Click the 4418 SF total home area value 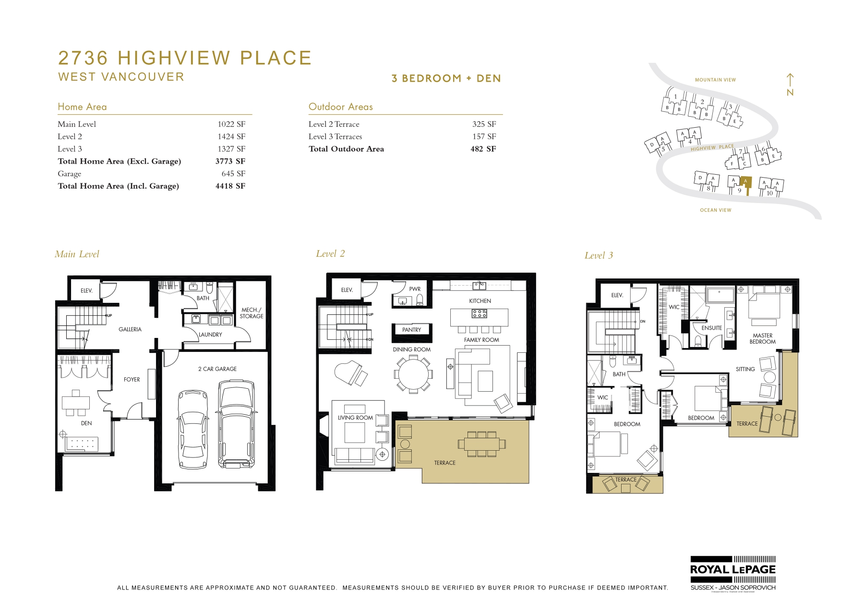click(230, 186)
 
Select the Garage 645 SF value click(233, 174)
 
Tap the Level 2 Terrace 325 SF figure click(484, 124)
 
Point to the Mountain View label click(715, 80)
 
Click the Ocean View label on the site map click(715, 210)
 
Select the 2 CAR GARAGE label click(217, 369)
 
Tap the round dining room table click(413, 374)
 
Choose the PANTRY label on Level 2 click(411, 330)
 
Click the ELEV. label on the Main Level click(86, 291)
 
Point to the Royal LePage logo click(732, 570)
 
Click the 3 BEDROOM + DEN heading click(446, 79)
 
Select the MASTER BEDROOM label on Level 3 click(762, 339)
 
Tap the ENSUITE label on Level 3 click(711, 328)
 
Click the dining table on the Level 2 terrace click(481, 444)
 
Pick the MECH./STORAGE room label click(252, 313)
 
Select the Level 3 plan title click(599, 256)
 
